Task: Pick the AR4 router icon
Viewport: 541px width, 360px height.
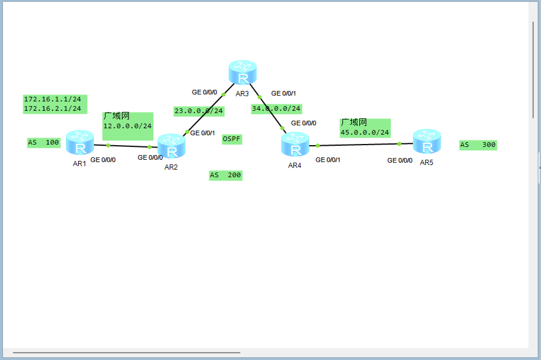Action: click(x=295, y=144)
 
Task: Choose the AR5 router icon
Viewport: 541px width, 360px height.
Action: click(x=427, y=141)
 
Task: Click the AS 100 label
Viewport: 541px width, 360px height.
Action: click(x=43, y=143)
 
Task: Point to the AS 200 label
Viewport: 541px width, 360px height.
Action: click(x=225, y=175)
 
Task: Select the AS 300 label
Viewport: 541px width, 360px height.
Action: click(x=478, y=145)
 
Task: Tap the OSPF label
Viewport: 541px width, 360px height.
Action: click(x=232, y=139)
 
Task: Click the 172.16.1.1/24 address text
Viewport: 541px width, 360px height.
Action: click(x=52, y=99)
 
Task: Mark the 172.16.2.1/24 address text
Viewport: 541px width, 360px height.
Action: click(x=52, y=109)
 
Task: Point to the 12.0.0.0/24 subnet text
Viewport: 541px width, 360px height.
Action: click(x=127, y=126)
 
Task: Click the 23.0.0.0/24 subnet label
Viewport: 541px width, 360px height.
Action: click(x=199, y=111)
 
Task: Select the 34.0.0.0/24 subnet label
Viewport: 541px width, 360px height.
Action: click(x=276, y=109)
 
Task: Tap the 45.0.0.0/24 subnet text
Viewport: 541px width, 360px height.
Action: click(x=365, y=133)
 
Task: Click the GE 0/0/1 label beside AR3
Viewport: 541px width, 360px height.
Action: click(x=283, y=94)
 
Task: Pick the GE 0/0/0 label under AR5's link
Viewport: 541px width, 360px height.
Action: click(x=400, y=161)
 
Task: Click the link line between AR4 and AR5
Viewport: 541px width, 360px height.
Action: click(x=359, y=145)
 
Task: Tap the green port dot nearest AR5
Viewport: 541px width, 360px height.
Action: click(x=399, y=144)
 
